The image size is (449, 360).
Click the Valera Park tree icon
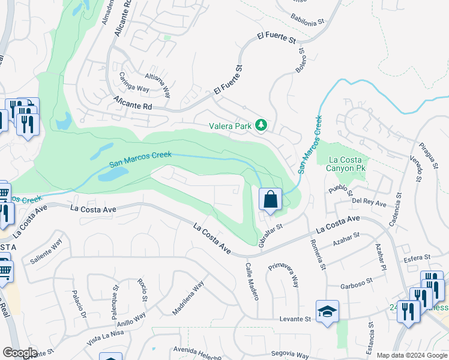261,125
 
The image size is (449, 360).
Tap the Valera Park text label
230,126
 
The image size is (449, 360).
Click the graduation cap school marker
328,311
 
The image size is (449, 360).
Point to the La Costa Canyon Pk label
347,164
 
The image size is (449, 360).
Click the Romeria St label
318,251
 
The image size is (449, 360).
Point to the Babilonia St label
307,20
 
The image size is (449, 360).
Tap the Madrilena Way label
188,297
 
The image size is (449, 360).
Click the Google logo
19,353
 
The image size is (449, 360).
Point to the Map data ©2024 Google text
412,355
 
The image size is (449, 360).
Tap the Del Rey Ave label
369,202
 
